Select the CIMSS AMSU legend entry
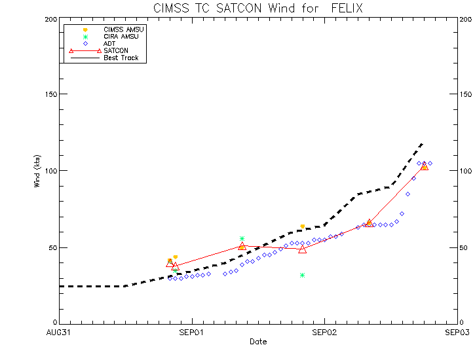coord(124,30)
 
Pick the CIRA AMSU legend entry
coord(122,37)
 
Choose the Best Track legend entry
coord(121,58)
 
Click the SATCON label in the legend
coord(116,50)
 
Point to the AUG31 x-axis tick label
coord(58,333)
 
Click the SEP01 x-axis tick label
coord(191,333)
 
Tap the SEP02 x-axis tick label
coord(324,333)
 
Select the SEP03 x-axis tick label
coord(457,333)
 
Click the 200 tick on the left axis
coord(48,19)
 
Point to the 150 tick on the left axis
coord(48,94)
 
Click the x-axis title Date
coord(257,342)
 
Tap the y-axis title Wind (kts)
coord(37,171)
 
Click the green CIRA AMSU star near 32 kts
coord(302,275)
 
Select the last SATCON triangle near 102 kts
coord(425,166)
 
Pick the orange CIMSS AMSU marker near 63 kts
coord(302,226)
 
